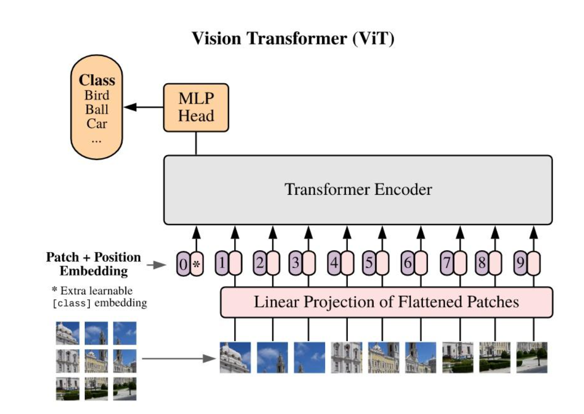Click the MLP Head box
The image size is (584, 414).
coord(196,108)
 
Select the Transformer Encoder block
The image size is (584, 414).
coord(358,190)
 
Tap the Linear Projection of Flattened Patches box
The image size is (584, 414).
coord(386,302)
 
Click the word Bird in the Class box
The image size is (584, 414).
coord(97,95)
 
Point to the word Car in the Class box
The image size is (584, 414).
coord(97,123)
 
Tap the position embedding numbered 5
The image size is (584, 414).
coord(369,264)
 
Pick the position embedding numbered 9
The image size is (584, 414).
coord(520,264)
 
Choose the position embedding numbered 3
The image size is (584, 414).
coord(295,264)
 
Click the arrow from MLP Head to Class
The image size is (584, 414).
coord(143,107)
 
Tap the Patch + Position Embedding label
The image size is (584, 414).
coord(93,264)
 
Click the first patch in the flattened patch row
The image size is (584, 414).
coord(235,357)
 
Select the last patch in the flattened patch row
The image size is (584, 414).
coord(532,357)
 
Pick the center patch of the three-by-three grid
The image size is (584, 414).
coord(96,360)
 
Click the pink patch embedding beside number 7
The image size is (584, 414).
coord(460,264)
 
